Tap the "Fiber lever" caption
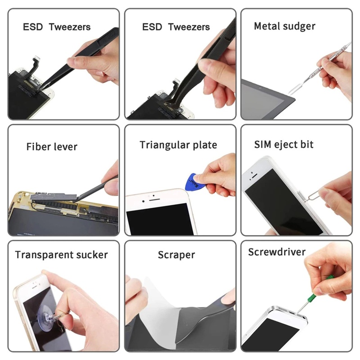pos(52,147)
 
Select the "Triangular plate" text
pos(178,145)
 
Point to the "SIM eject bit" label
pos(284,144)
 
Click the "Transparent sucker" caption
pos(61,255)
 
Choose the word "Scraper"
pos(176,255)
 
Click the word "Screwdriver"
pos(277,252)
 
